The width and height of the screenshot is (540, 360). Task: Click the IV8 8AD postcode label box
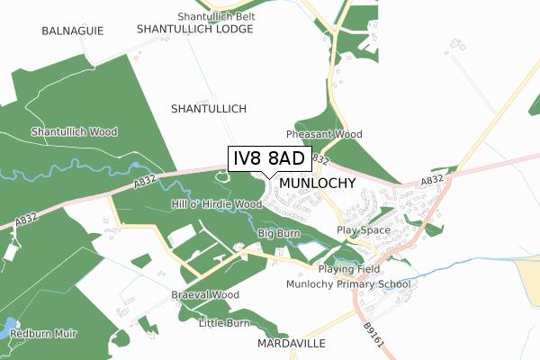(269, 158)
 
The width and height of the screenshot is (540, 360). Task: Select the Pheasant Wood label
(324, 134)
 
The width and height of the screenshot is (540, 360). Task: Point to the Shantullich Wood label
(75, 131)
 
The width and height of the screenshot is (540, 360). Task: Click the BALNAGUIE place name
(73, 31)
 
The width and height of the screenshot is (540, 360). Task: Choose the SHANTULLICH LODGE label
(195, 29)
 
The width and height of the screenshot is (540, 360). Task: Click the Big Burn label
(278, 233)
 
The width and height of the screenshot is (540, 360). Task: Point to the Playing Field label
(350, 269)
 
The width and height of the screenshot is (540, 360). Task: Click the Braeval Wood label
(205, 294)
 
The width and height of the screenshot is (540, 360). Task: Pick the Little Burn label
(223, 322)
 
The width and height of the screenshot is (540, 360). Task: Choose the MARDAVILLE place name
(290, 344)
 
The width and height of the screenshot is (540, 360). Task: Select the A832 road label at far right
(432, 181)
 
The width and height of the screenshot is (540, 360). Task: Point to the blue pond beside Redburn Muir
(8, 328)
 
